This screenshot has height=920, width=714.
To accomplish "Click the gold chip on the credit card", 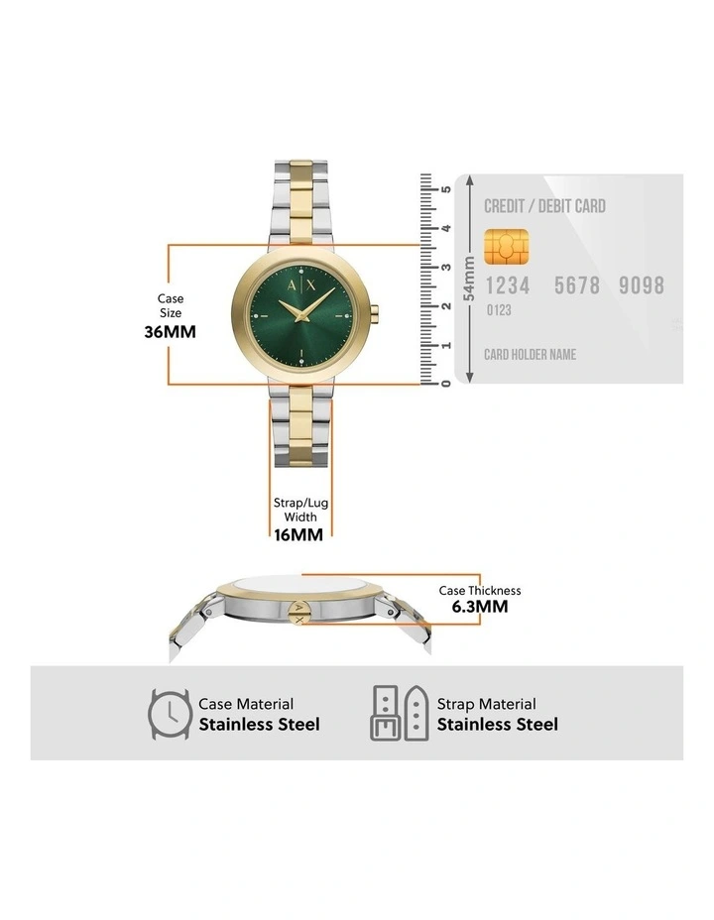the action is point(506,247).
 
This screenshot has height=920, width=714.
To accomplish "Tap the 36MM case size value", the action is point(171,331).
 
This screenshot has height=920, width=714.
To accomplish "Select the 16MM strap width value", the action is point(298,534).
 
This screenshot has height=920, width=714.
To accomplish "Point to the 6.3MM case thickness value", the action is point(480,606).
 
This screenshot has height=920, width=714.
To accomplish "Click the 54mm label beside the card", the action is point(469,279).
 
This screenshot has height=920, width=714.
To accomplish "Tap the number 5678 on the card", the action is point(577,286).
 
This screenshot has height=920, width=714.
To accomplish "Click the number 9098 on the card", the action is point(642,286).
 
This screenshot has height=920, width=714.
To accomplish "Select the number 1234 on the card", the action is point(508,286).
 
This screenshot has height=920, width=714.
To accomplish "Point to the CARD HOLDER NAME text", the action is point(530,354).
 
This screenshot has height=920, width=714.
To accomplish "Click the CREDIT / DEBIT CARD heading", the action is point(544,206).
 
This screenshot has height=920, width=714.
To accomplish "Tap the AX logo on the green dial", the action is point(301,286).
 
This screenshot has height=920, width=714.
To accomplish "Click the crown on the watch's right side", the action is point(376,312).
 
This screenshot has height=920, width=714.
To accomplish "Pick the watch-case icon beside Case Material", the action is point(170,714).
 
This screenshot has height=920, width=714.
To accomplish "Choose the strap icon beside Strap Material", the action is point(400,713).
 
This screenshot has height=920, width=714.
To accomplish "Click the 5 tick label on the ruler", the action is point(446,189).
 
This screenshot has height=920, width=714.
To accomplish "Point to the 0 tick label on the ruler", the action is point(446,384).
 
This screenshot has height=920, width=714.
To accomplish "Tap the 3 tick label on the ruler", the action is point(446,267).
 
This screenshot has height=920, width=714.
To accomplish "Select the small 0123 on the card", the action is point(499,309).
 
